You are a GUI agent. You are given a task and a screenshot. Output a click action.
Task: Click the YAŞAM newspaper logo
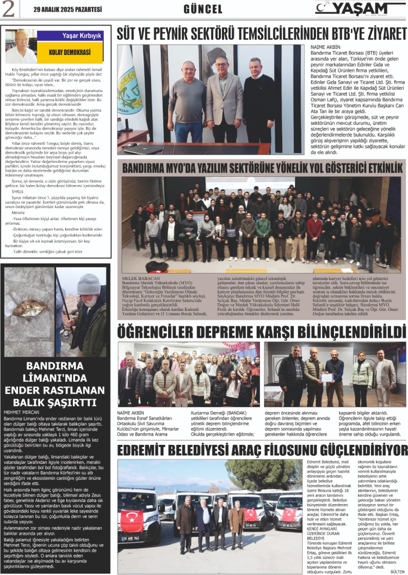pos(360,9)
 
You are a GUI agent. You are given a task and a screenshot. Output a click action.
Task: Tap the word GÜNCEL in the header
pos(203,9)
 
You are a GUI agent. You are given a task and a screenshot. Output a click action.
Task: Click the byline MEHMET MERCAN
pos(21,412)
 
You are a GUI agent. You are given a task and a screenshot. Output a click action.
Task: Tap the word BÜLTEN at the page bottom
pos(398,571)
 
